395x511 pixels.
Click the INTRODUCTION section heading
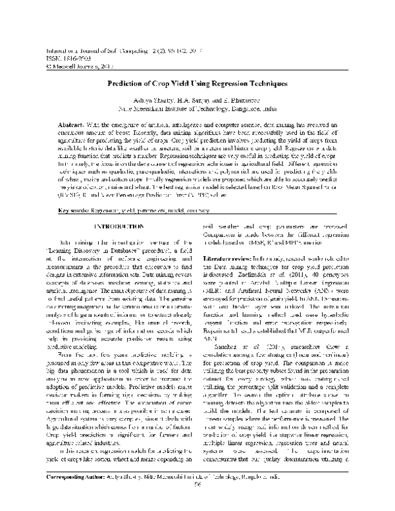117,226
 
